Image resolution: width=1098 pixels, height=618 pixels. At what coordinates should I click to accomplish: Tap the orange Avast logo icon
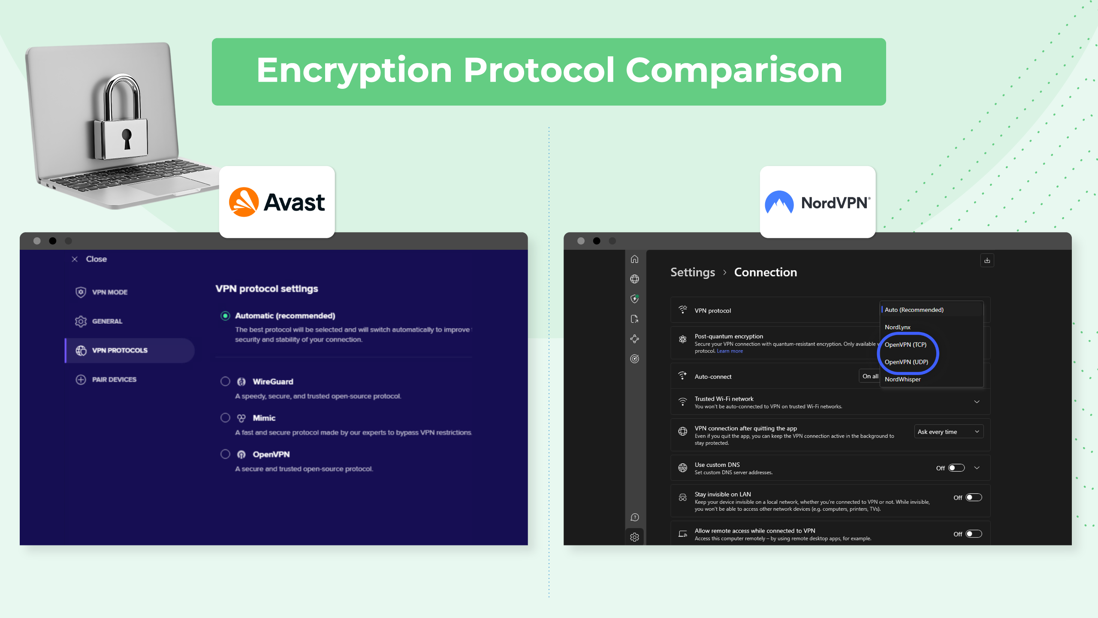(244, 202)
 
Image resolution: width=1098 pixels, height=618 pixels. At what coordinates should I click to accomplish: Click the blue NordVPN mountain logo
(779, 202)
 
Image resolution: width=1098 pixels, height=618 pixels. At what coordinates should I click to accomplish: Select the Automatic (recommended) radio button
(225, 316)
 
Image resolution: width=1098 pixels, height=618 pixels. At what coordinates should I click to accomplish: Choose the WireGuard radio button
(225, 382)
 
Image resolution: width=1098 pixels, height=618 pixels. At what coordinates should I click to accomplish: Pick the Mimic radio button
(225, 418)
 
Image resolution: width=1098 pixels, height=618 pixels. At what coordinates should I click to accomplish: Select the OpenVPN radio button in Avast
(225, 454)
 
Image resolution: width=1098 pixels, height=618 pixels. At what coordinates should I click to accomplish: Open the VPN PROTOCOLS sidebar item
(120, 351)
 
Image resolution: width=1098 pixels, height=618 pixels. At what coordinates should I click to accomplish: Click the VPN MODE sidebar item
(109, 292)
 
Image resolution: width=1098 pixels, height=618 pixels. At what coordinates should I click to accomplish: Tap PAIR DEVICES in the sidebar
(114, 380)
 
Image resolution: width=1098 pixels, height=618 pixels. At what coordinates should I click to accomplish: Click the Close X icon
(75, 259)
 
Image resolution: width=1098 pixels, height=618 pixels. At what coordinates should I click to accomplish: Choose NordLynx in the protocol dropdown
(897, 327)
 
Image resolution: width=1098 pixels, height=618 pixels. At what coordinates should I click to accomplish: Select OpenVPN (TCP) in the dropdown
(905, 345)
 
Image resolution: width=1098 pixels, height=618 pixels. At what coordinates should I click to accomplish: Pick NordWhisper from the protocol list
(902, 379)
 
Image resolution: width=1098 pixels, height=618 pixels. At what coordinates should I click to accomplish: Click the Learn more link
(730, 351)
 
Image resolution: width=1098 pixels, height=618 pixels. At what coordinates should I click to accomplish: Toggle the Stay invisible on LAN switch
(974, 497)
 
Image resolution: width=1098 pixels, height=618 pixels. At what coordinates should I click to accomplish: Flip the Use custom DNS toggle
(956, 468)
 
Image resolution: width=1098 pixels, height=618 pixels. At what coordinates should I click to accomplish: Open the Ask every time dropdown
(948, 432)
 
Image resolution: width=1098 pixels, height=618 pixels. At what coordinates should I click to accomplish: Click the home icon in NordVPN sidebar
(634, 259)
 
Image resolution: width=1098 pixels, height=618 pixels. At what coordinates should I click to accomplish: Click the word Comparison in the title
(734, 70)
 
